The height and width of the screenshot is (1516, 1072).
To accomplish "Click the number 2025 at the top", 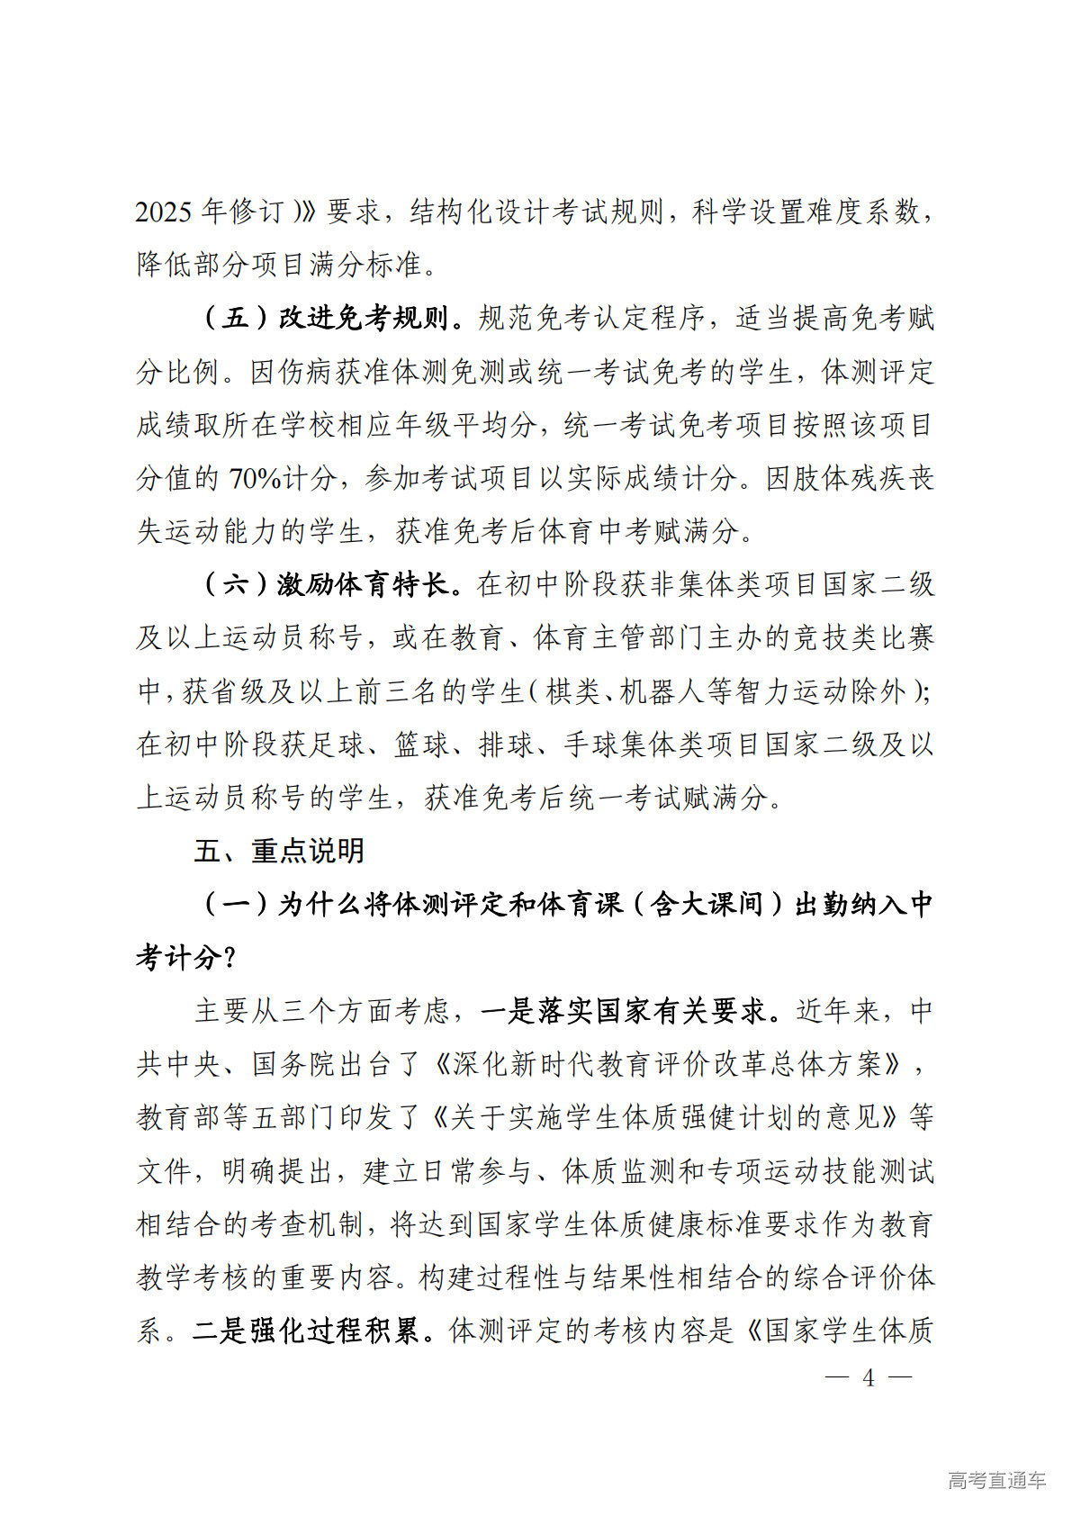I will [164, 212].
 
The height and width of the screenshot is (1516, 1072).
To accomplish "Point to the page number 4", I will [868, 1378].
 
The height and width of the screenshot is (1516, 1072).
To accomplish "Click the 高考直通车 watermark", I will [996, 1480].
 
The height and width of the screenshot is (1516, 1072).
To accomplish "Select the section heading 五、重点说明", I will [279, 851].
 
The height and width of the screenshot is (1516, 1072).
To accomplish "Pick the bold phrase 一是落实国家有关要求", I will [627, 1011].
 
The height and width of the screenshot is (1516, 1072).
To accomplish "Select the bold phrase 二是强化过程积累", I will [306, 1331].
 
